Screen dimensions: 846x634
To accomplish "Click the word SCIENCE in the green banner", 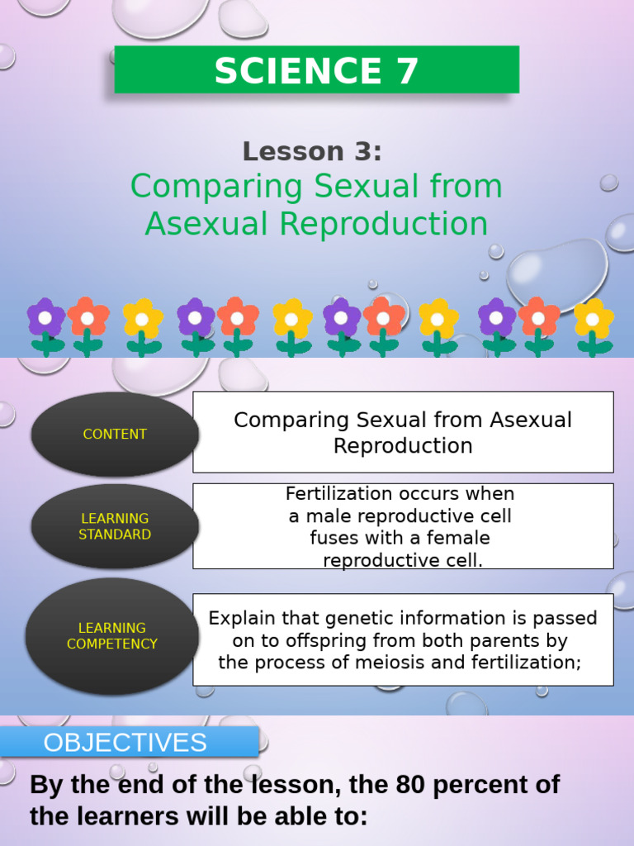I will click(292, 71).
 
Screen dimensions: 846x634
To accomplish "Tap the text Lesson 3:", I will click(312, 151).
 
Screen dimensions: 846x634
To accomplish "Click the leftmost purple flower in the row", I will click(45, 319).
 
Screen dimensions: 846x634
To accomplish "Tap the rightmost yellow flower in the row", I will click(593, 320).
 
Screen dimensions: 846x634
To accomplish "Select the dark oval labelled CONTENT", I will click(115, 434).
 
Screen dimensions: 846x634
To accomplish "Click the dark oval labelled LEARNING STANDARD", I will click(115, 526).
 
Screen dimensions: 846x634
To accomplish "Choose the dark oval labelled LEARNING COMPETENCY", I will click(112, 635).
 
